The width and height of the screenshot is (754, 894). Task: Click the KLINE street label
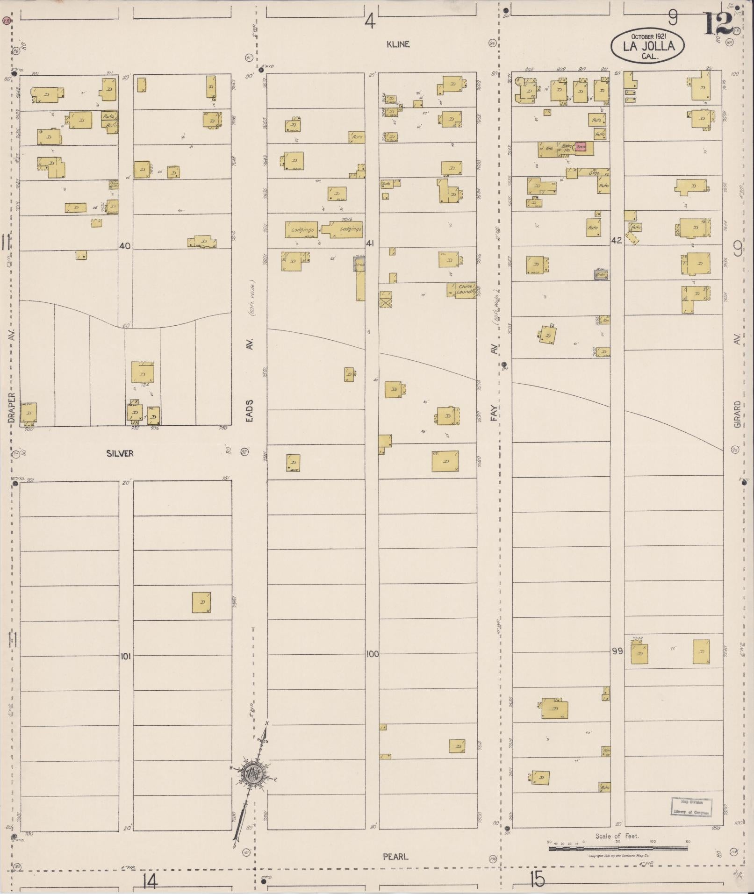[x=398, y=44]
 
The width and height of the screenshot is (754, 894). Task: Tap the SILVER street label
[x=120, y=453]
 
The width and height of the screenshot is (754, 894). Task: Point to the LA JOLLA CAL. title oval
[x=648, y=46]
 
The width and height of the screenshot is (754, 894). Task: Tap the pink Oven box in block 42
[x=580, y=147]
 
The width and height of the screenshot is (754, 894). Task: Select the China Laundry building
[x=463, y=290]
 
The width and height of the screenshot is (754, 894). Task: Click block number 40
[x=125, y=246]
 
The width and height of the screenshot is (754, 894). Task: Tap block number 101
[x=125, y=657]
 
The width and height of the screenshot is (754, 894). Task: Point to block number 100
[x=372, y=654]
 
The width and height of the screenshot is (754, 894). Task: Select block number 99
[x=617, y=651]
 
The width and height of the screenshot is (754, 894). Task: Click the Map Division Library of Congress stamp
[x=691, y=807]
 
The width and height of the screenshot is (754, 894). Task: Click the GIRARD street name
[x=737, y=414]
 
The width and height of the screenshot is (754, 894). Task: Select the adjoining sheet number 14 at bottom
[x=150, y=882]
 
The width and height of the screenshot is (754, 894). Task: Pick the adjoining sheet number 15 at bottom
[x=538, y=880]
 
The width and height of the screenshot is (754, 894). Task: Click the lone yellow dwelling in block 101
[x=201, y=602]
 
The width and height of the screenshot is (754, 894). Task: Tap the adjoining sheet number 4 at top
[x=370, y=21]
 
